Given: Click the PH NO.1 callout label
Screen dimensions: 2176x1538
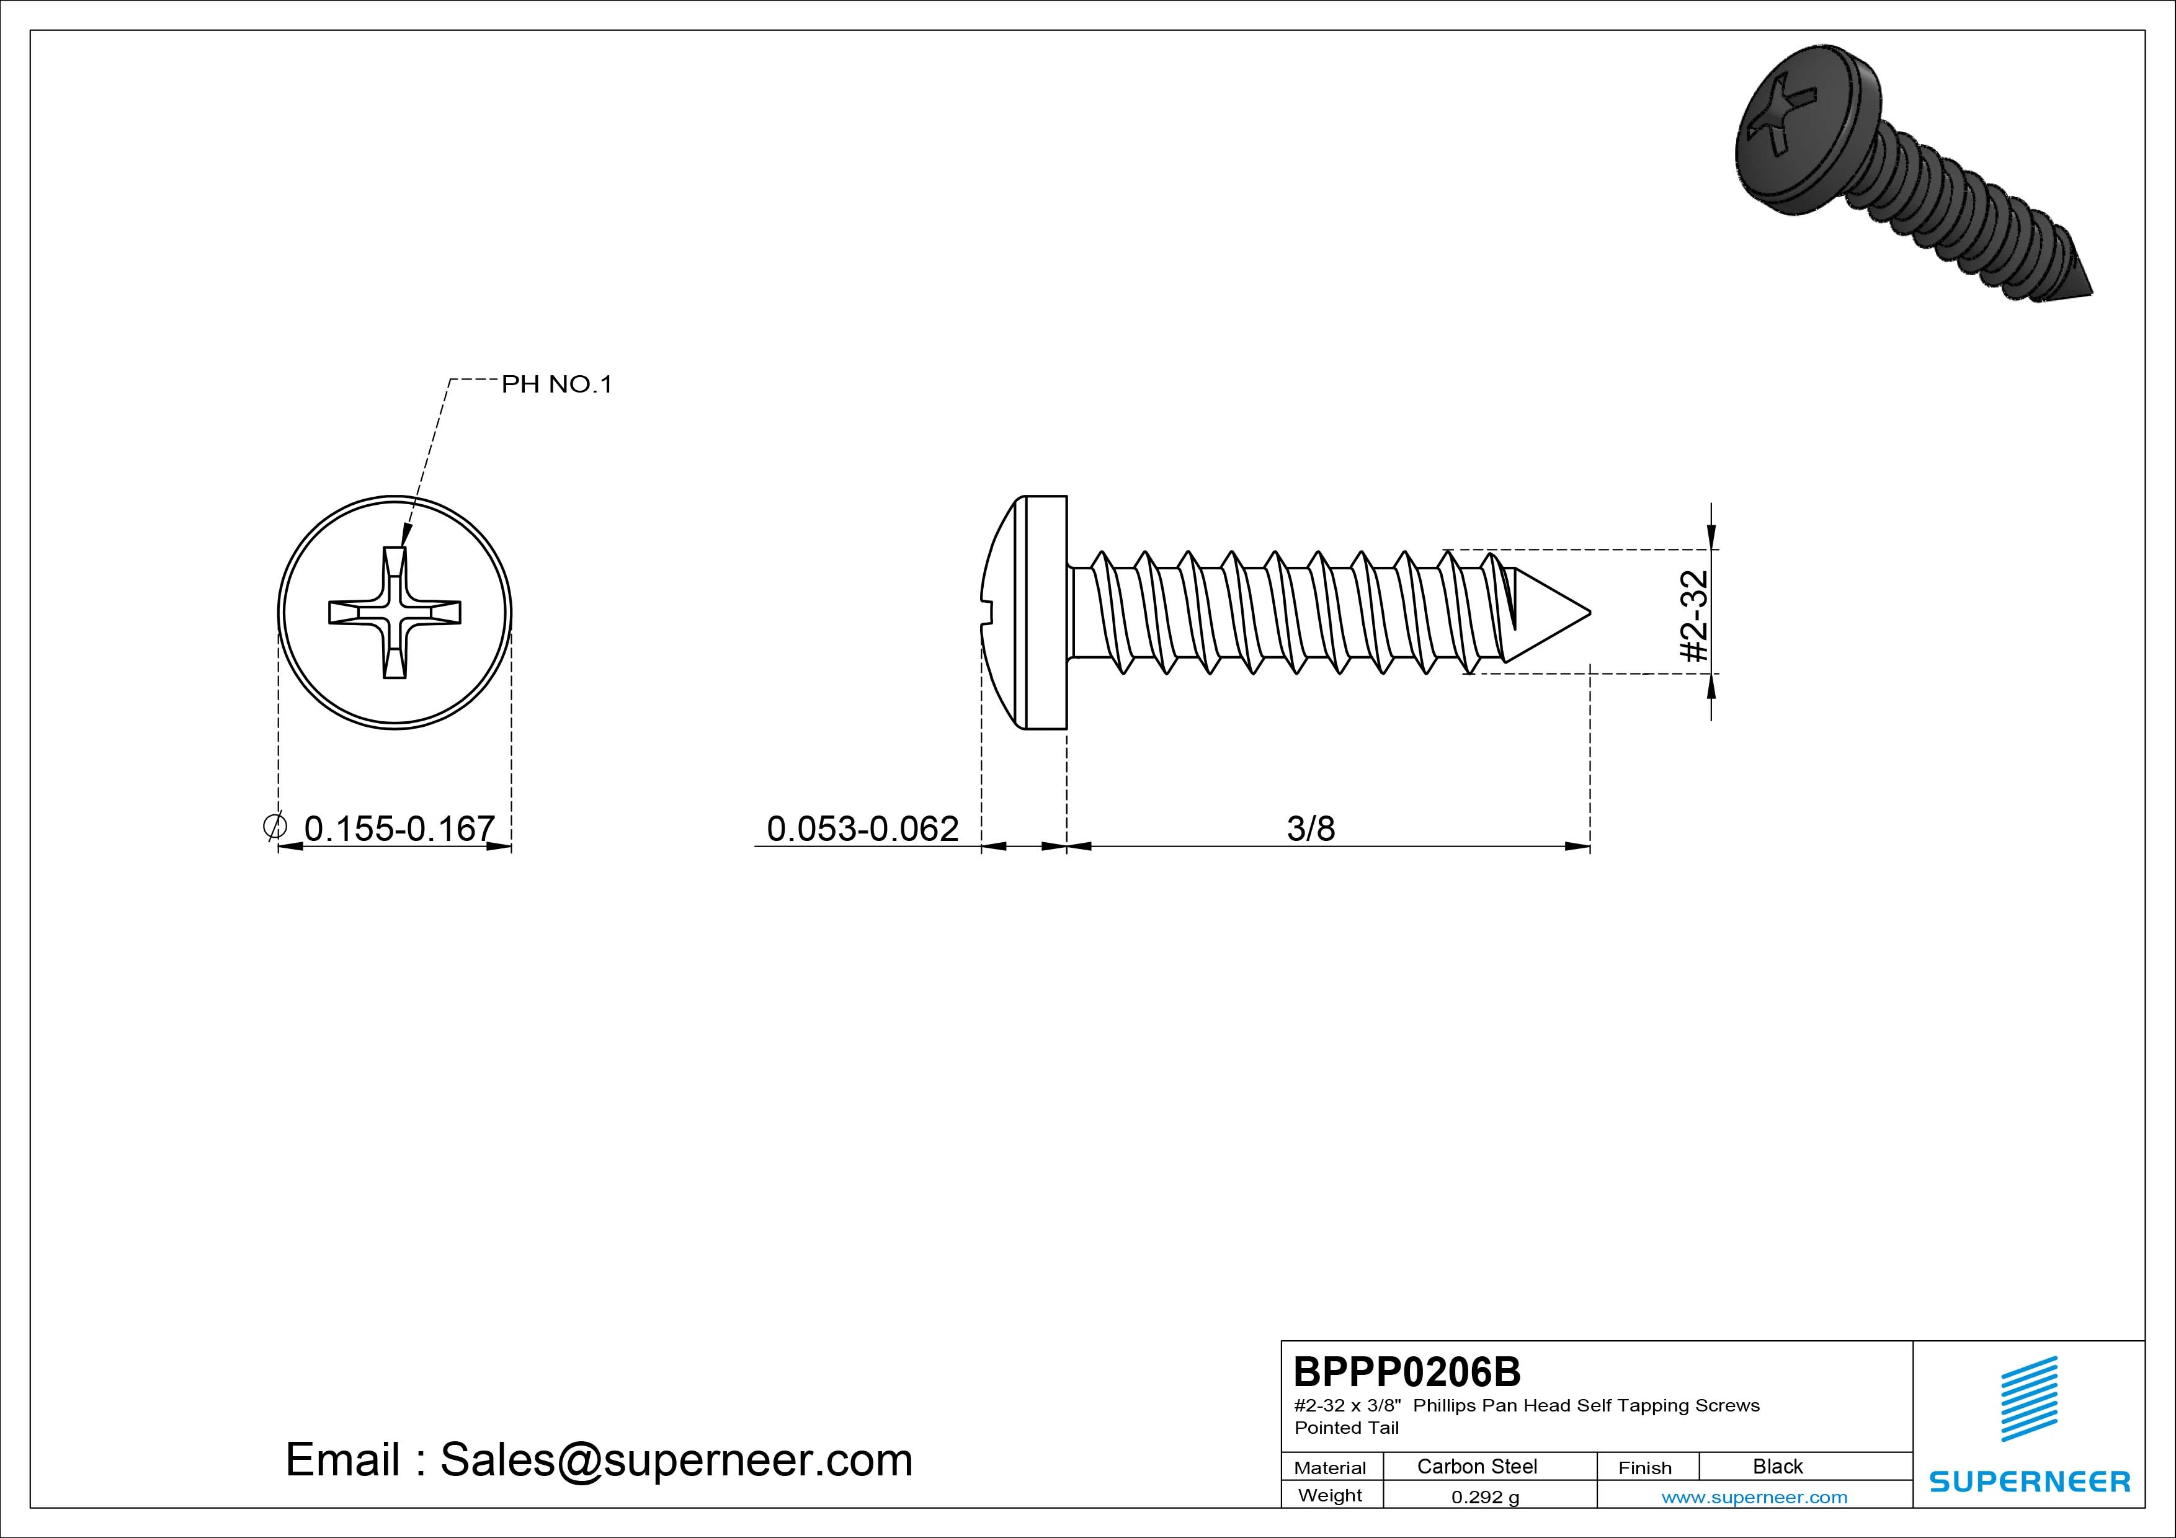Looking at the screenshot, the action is coord(556,384).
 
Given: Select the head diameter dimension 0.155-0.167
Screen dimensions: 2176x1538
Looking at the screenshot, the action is coord(399,829).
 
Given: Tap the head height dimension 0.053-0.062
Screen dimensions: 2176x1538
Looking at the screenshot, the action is coord(862,829).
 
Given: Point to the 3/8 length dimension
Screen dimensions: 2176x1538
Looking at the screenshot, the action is coord(1311,829).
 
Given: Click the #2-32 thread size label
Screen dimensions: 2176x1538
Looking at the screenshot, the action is coord(1693,615).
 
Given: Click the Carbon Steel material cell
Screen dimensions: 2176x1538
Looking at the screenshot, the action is coord(1476,1466).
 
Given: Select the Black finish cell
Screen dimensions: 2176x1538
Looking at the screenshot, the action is coord(1778,1466).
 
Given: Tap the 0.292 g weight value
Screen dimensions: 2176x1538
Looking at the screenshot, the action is coord(1485,1497).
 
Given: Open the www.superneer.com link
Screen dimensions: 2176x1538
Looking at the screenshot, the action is coord(1754,1497).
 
